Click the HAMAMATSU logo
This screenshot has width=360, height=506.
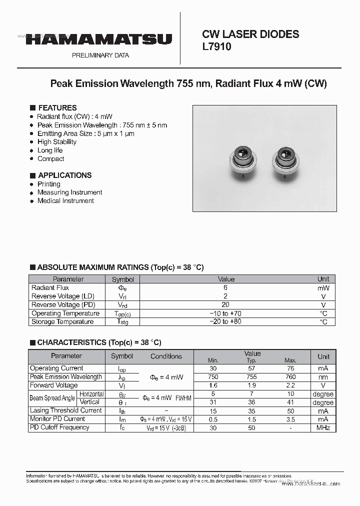99,39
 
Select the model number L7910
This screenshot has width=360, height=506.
216,46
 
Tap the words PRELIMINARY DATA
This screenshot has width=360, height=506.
100,55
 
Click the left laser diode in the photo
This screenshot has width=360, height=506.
243,159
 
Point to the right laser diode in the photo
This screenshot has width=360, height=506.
285,159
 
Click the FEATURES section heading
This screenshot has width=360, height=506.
57,108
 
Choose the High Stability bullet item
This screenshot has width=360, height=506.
56,142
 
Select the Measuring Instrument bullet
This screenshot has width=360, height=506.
69,192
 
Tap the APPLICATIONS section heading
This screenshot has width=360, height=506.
64,175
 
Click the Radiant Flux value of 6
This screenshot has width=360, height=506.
225,288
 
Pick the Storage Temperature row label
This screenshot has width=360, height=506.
62,322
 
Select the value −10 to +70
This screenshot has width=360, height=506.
225,313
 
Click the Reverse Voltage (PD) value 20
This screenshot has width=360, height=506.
225,305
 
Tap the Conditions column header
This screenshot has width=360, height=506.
166,356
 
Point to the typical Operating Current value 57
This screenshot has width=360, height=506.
252,368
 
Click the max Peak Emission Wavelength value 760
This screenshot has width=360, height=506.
290,377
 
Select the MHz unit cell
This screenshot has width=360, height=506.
323,428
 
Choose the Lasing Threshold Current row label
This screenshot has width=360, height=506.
65,410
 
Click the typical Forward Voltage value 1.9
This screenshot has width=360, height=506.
252,385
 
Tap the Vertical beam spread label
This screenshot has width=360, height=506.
89,402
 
